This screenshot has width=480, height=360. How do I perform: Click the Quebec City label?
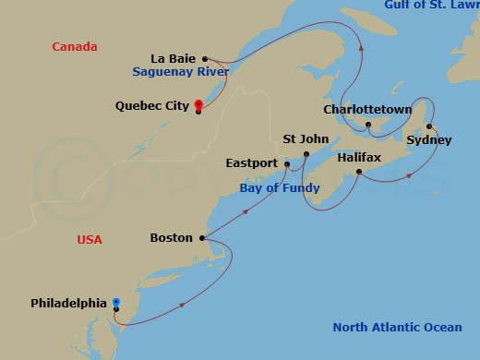point(151,105)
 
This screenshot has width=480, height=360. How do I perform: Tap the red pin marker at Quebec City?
point(198,102)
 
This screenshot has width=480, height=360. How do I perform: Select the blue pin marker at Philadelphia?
point(115,303)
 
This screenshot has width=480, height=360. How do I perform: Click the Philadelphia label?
point(68,303)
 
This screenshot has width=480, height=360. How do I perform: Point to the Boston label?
point(171,238)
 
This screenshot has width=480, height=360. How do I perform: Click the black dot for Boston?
point(200,237)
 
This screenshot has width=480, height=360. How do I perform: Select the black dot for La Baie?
point(205,57)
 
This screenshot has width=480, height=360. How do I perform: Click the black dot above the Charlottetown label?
point(367,124)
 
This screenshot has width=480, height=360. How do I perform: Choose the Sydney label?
point(429,140)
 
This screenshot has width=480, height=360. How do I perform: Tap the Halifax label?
point(358,158)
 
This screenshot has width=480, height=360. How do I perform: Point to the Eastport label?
point(251,163)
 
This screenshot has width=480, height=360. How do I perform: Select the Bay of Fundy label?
point(280,188)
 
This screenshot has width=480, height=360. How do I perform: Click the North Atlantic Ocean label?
point(397,328)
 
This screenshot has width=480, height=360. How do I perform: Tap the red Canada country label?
point(75,46)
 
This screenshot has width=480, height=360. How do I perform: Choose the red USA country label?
point(90,240)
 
